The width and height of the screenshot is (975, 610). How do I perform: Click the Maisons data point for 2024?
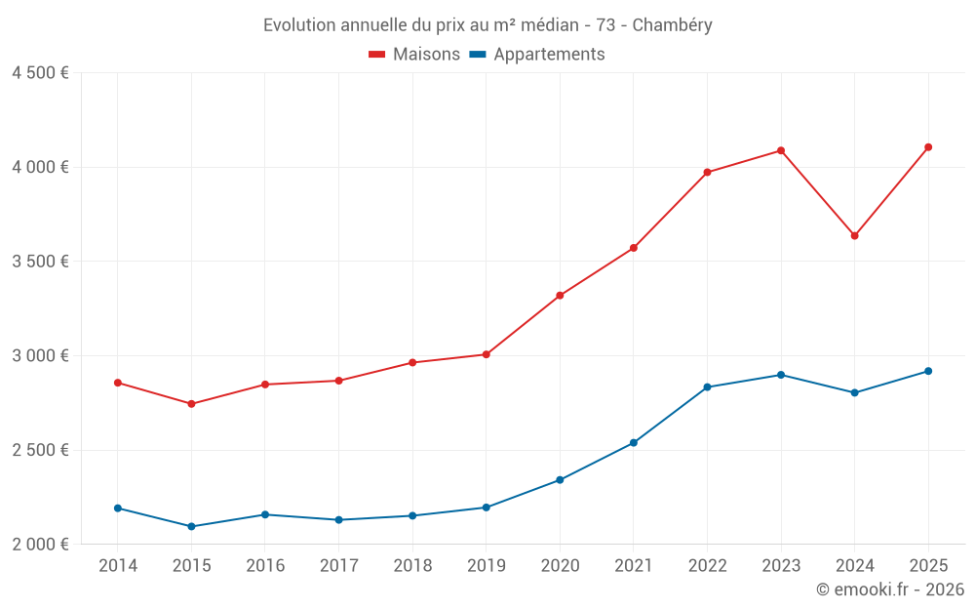click(854, 235)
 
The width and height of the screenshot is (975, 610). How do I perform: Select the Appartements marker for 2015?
click(191, 526)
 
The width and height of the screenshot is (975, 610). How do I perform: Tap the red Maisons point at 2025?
click(928, 147)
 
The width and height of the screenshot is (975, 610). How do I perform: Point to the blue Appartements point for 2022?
click(707, 387)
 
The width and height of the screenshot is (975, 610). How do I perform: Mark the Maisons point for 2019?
click(486, 354)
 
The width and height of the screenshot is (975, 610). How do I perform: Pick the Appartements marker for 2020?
click(560, 480)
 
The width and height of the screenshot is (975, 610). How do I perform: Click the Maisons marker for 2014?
click(118, 383)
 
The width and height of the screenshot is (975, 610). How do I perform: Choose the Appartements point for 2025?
click(928, 371)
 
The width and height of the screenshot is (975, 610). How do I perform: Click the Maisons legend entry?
click(414, 55)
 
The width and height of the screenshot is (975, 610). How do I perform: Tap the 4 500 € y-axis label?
click(40, 73)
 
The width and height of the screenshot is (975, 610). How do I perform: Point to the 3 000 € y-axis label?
click(40, 356)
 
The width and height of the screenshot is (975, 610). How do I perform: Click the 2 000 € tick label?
click(40, 545)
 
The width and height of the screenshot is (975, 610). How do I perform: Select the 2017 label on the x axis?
click(338, 566)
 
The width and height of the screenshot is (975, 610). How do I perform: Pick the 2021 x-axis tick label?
click(633, 566)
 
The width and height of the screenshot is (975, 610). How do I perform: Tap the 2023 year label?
click(780, 566)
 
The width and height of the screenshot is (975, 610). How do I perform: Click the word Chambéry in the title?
click(672, 24)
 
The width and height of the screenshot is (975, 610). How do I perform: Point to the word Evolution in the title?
click(298, 24)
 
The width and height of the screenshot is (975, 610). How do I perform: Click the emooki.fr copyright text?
click(889, 590)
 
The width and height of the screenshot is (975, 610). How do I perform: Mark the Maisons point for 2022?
click(707, 173)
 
